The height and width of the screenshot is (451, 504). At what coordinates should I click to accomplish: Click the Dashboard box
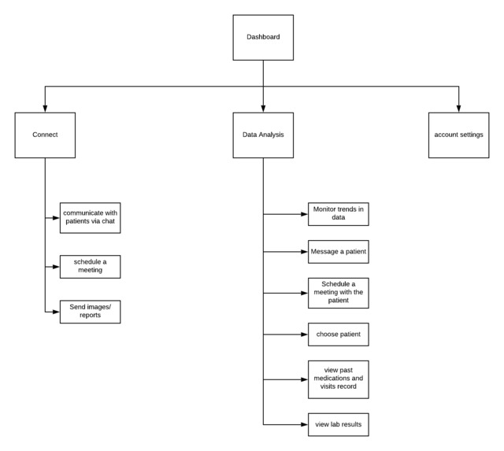[263, 37]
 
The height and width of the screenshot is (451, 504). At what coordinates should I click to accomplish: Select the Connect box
[45, 135]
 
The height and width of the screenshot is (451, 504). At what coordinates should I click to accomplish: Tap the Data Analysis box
[263, 135]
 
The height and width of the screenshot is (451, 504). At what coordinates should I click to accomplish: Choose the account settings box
[458, 135]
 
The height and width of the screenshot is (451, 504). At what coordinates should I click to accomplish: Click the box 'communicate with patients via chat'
[90, 218]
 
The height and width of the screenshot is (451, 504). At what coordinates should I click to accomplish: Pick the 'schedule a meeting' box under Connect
[90, 267]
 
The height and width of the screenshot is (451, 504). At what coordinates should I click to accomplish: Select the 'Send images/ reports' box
[90, 312]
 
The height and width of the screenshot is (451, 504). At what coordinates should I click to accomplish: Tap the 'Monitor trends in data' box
[338, 214]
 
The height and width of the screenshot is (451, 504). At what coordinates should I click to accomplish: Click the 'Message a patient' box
[338, 252]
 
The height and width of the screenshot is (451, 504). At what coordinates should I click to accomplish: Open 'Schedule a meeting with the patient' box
[338, 293]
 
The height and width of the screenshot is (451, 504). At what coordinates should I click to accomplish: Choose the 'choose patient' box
[338, 335]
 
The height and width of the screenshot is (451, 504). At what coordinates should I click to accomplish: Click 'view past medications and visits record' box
[338, 379]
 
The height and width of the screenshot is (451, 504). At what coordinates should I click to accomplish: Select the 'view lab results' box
[338, 424]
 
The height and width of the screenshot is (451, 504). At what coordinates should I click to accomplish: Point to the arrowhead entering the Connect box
[45, 109]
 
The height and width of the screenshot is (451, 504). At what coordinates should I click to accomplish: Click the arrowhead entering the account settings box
[458, 109]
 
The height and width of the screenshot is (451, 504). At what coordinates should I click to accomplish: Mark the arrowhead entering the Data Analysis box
[263, 109]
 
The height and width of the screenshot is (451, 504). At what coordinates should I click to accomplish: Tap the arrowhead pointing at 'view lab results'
[304, 424]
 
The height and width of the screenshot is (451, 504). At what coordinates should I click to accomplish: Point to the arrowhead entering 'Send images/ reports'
[56, 312]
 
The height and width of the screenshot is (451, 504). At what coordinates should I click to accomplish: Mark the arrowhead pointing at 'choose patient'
[304, 335]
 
